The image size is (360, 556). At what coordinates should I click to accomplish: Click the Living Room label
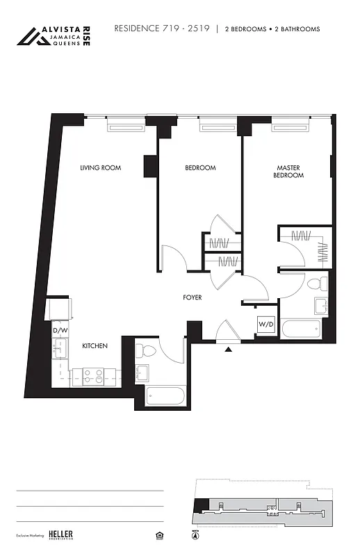point(100,167)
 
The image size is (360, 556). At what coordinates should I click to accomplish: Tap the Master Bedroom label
point(290,172)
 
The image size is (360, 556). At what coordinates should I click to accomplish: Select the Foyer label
point(193,297)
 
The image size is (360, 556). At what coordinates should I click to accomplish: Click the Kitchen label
point(95,345)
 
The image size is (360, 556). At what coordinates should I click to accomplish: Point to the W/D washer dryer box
point(265,325)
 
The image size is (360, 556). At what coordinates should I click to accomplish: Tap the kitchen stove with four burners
point(94,376)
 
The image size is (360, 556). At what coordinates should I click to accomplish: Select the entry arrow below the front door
point(228,350)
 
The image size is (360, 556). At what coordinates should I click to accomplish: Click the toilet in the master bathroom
point(318,284)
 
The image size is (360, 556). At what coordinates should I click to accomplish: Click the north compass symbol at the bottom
point(195,536)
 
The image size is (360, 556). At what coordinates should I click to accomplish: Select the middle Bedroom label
point(200,167)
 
